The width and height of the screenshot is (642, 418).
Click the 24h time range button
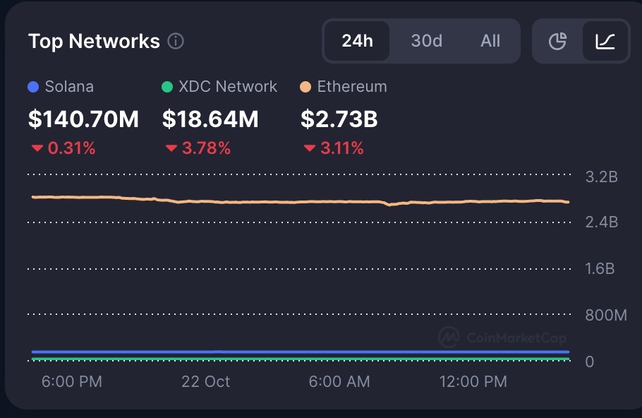[x=357, y=41]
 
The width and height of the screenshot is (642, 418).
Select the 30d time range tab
[x=426, y=41]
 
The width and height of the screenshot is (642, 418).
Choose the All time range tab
[x=490, y=41]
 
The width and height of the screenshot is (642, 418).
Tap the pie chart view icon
[x=558, y=42]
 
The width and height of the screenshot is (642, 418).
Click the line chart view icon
[x=605, y=42]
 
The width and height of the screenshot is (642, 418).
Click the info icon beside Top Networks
[x=176, y=42]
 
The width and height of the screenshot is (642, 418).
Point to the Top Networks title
[x=94, y=42]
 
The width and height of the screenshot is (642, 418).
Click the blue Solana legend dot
[x=32, y=88]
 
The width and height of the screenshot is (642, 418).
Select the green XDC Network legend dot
[x=166, y=88]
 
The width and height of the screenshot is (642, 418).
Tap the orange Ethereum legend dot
[x=305, y=88]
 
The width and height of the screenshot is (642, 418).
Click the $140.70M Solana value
[x=83, y=119]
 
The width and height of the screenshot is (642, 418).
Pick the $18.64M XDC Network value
[x=210, y=119]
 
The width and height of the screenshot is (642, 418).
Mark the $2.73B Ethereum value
[x=339, y=119]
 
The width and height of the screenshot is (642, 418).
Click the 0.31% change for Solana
[x=71, y=148]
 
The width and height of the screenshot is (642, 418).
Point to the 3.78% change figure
[x=206, y=148]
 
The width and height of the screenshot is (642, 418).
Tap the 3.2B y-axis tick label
[x=601, y=177]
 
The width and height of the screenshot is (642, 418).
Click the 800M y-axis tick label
[x=605, y=316]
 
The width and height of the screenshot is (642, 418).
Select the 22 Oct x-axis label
[x=205, y=382]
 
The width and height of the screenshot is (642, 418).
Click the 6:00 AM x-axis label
[x=339, y=382]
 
